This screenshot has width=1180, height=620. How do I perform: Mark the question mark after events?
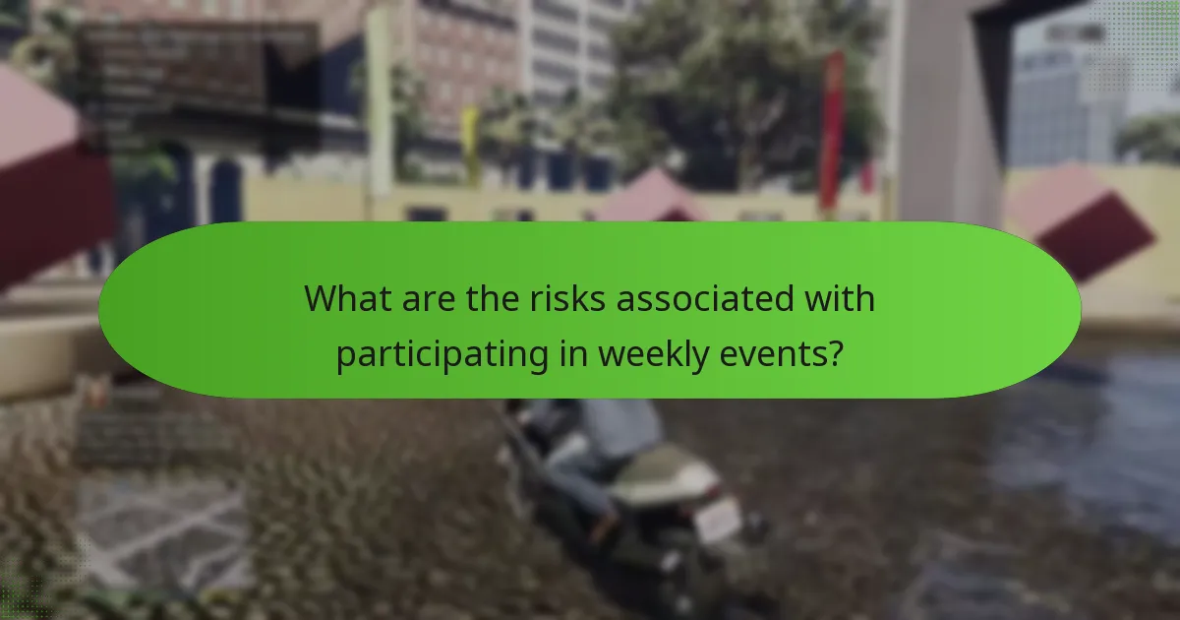835,354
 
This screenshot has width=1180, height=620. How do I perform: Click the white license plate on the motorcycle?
719,518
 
